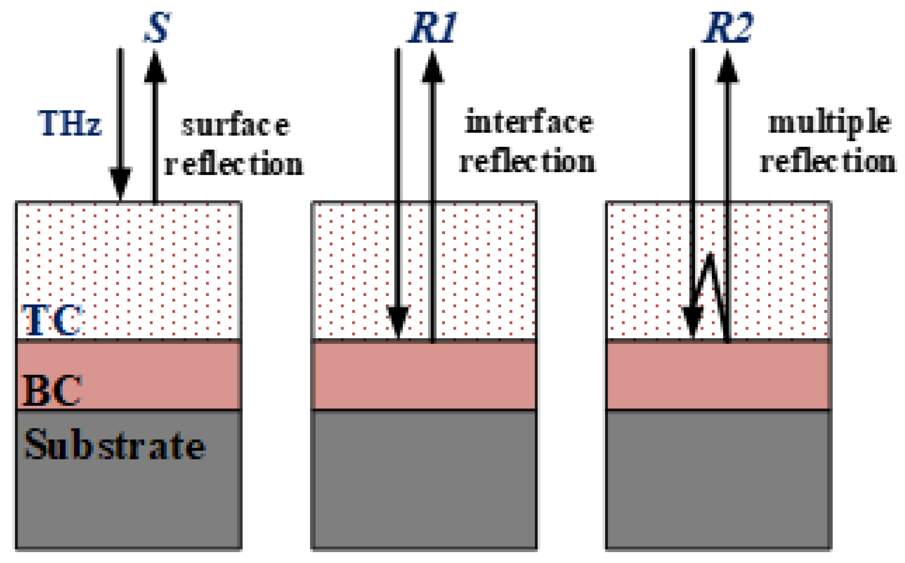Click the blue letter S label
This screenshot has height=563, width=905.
157,28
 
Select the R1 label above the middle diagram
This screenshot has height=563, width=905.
433,28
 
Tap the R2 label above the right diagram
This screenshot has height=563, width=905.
728,28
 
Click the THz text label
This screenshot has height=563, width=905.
70,124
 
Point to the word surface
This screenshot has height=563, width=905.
235,125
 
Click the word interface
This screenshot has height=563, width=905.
529,123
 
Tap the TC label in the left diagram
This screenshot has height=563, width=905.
52,320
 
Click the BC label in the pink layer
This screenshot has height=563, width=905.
52,390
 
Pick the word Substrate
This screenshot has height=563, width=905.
114,445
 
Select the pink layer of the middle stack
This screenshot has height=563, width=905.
424,375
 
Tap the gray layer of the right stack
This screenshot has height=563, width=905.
718,479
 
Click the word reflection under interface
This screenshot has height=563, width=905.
527,162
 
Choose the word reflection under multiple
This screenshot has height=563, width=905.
828,162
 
